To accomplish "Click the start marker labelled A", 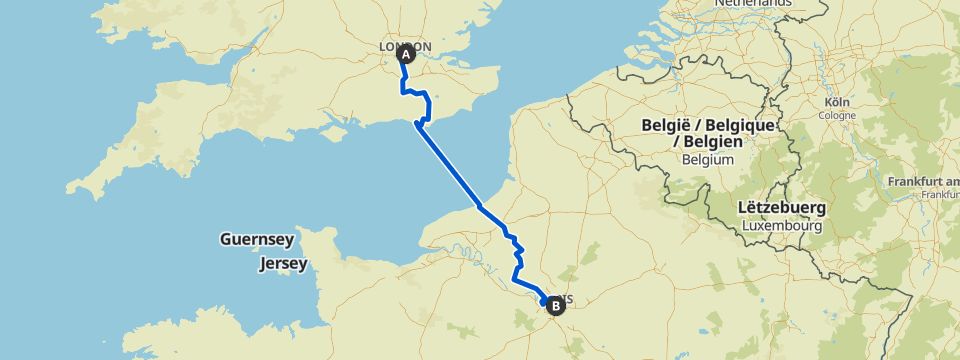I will [x=406, y=56].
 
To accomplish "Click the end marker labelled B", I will [x=553, y=306].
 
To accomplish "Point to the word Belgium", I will [x=707, y=159].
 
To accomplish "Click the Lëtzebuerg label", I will [x=781, y=209].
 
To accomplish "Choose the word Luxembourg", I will [x=782, y=226].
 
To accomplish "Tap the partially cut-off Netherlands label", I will [x=752, y=4].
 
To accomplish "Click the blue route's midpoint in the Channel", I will [x=449, y=164].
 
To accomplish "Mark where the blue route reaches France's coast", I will [x=480, y=205].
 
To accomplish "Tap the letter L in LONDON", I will [x=385, y=47].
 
